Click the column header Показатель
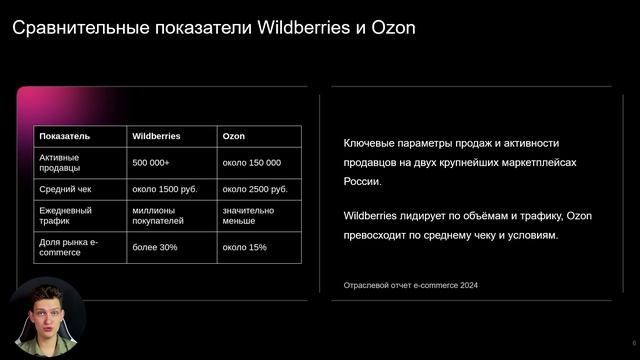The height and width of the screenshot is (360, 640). tap(64, 136)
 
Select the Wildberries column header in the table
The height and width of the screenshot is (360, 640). tap(156, 136)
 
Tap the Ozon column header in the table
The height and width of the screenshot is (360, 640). tap(233, 136)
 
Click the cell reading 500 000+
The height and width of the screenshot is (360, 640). tap(151, 162)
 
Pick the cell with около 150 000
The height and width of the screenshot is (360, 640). tap(251, 162)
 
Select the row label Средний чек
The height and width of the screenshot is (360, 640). tap(66, 189)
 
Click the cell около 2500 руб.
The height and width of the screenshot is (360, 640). tap(255, 189)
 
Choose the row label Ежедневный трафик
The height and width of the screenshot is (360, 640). tap(66, 217)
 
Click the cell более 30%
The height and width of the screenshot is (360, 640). tap(154, 247)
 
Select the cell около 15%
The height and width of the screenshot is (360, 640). tap(244, 247)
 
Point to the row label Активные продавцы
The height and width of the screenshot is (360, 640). tap(60, 162)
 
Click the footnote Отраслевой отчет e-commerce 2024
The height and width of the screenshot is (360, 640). tap(410, 286)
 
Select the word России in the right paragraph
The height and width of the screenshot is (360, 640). tap(361, 182)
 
